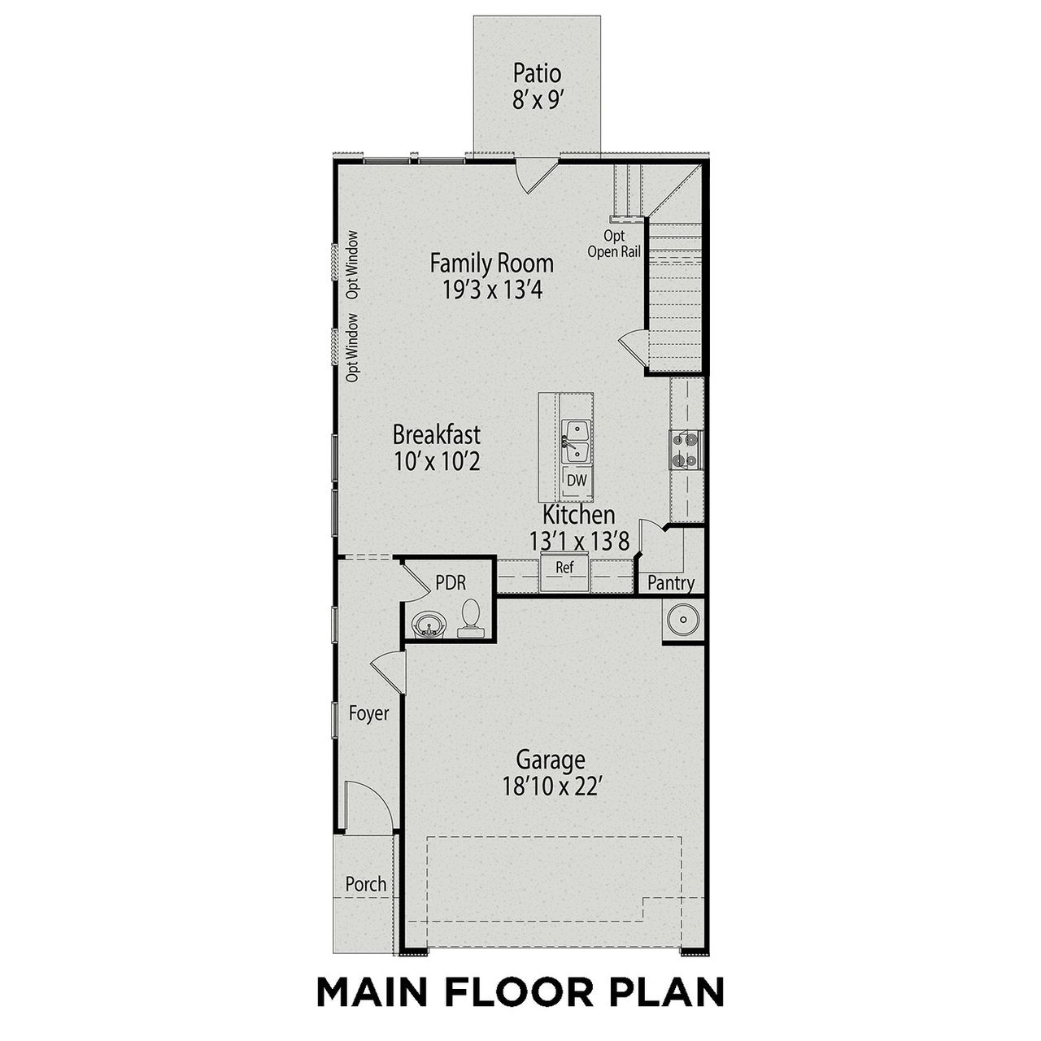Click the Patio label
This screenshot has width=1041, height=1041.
(x=537, y=73)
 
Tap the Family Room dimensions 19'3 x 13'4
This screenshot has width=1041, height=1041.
(x=492, y=290)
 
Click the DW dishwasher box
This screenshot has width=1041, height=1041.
(x=577, y=481)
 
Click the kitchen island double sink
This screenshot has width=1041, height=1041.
(x=577, y=439)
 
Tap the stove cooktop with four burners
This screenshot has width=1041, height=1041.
(x=685, y=450)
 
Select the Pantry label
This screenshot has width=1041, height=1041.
(x=672, y=583)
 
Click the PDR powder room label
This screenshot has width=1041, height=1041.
(x=451, y=582)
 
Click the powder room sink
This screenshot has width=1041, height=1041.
(x=429, y=625)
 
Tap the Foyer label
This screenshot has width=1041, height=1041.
(x=368, y=714)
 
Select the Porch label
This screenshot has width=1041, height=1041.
(x=366, y=883)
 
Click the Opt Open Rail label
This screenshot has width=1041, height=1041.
(x=615, y=244)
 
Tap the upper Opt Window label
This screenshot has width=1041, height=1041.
(x=352, y=265)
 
